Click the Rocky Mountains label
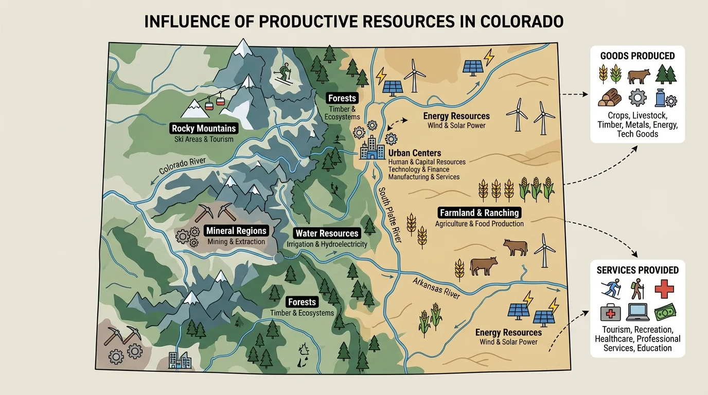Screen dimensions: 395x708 204,129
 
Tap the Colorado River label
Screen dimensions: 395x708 182,166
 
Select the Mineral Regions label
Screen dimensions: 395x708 236,231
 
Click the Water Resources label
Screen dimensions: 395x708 327,233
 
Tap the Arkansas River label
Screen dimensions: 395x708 436,288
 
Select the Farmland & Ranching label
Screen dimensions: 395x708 479,212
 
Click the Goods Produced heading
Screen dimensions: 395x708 638,56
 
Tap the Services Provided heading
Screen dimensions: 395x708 638,270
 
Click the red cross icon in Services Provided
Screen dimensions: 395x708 664,289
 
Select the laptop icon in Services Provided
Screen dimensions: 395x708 638,312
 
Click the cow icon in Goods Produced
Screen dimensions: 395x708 638,76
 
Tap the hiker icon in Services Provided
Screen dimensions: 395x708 638,289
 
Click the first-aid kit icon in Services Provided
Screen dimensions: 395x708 611,312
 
